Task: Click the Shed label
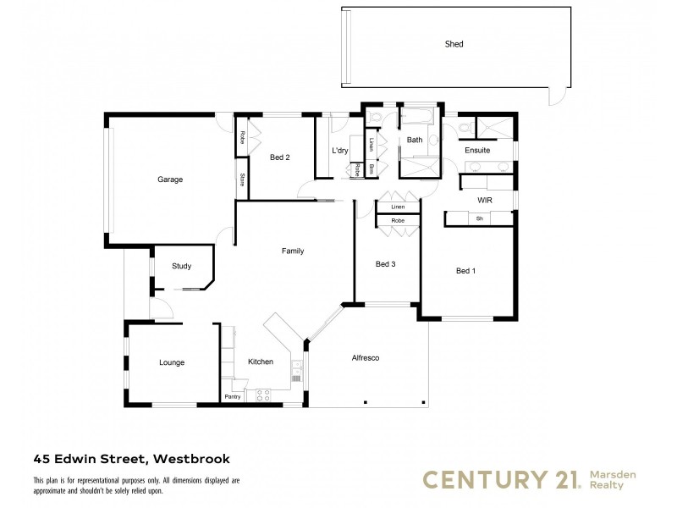[454, 44]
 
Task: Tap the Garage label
[169, 179]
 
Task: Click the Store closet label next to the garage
[242, 179]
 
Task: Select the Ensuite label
[477, 151]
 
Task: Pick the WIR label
[485, 200]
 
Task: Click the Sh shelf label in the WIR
[479, 218]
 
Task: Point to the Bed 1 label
[465, 271]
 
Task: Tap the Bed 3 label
[385, 264]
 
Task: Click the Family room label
[293, 251]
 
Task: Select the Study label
[181, 266]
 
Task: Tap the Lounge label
[172, 362]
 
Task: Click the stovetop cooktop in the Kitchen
[263, 393]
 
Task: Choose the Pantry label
[233, 396]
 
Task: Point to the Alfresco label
[366, 358]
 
